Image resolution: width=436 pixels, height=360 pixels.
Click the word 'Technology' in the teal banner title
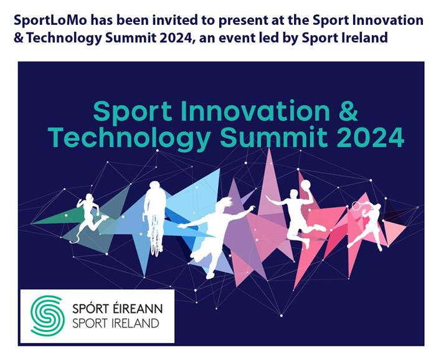click(126, 139)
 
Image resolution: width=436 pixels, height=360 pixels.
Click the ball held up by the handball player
click(305, 184)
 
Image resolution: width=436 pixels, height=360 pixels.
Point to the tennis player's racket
click(358, 204)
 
